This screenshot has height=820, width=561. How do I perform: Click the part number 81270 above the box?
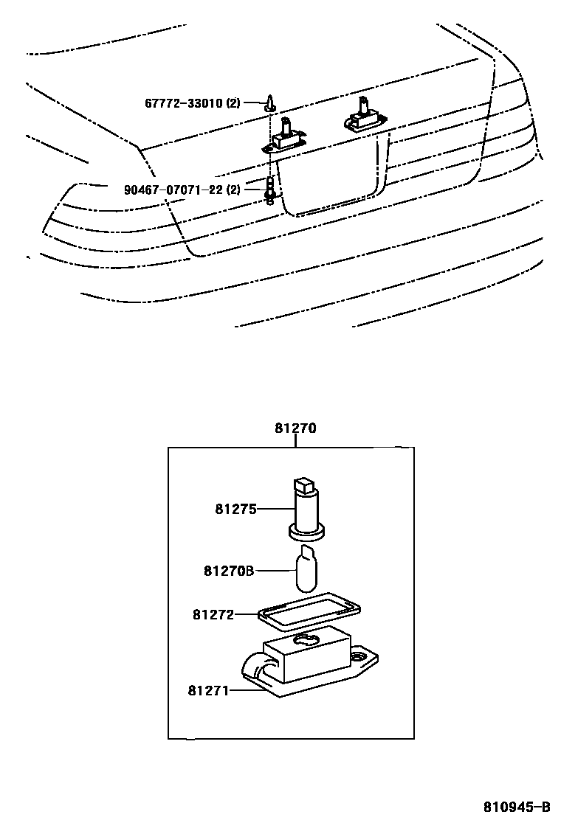pos(295,428)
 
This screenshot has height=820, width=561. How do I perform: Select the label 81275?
pos(235,508)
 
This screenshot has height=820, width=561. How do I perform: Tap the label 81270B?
pos(229,571)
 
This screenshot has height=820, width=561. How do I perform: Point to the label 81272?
pos(213,614)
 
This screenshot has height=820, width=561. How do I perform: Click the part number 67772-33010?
pos(183,102)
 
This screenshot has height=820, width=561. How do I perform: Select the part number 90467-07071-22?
pos(173,190)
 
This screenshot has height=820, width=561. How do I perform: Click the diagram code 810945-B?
pos(517,805)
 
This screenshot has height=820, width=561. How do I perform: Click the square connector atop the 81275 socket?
pos(302,484)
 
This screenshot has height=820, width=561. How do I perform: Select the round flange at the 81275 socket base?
pos(306,528)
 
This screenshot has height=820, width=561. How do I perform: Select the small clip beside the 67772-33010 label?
pos(271,102)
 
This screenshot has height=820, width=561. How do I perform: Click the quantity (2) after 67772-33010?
pos(233,102)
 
